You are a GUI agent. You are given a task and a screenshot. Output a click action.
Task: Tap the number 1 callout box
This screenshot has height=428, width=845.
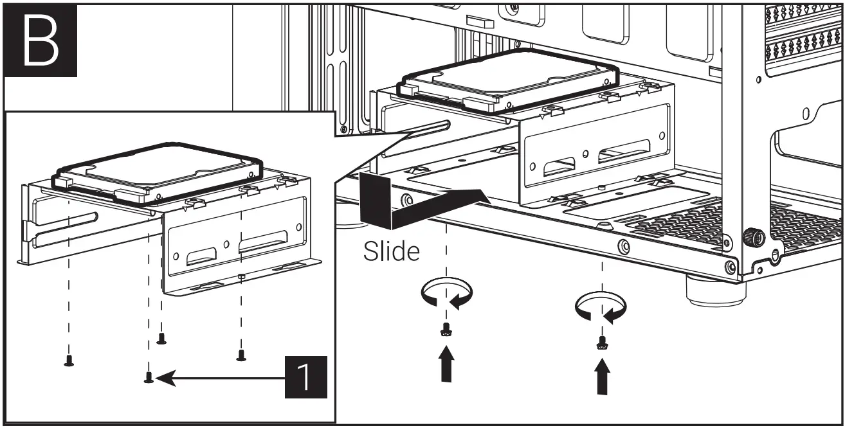point(306,378)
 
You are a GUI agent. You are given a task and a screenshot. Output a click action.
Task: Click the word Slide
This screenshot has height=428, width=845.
point(392,251)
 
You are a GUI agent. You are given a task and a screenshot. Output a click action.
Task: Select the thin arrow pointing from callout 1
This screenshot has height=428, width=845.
point(219,379)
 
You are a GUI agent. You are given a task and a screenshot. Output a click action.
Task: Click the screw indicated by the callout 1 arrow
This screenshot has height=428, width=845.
point(149,379)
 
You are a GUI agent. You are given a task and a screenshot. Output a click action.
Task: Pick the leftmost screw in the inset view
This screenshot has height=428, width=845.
point(69,361)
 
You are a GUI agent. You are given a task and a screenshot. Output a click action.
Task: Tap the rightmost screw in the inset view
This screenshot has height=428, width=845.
point(241,354)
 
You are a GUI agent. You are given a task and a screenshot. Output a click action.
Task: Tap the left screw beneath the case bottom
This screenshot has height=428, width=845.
point(444,330)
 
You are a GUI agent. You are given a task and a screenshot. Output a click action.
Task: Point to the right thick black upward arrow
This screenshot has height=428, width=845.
point(602,376)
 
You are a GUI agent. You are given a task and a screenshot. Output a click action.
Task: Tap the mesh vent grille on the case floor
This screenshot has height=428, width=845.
point(682,222)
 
